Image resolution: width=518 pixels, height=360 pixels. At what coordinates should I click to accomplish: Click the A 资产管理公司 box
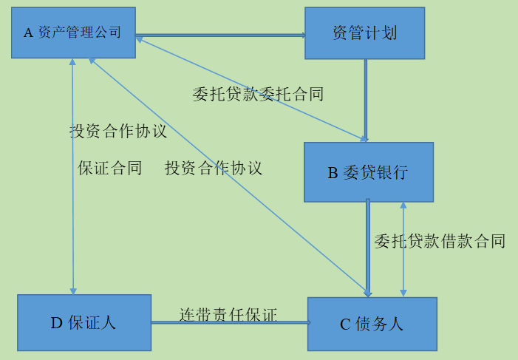point(73,33)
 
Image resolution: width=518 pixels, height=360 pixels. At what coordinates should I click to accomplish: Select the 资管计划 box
point(364,33)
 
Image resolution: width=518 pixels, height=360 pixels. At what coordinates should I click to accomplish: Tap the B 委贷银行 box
point(368,172)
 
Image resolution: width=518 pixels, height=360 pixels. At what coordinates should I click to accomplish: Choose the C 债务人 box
point(372,324)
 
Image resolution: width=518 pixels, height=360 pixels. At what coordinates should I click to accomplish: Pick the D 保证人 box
point(84,322)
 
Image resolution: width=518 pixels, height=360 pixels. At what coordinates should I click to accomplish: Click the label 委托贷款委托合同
point(258,94)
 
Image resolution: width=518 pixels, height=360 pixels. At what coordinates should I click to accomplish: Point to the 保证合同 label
point(110,168)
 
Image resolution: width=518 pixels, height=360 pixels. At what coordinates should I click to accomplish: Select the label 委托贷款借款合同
point(440,241)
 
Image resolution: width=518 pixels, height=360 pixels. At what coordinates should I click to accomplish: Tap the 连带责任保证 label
point(228,314)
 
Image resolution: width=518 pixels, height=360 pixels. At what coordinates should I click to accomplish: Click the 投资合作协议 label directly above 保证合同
point(118,132)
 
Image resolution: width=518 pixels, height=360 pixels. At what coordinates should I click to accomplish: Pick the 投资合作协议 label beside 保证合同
point(214,168)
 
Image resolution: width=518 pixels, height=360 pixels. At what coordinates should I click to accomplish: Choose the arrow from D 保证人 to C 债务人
point(229,322)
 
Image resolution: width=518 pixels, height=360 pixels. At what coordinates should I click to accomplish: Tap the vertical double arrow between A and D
point(72,222)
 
